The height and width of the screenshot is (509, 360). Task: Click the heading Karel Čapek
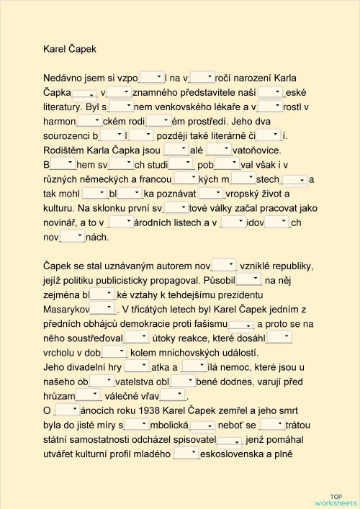tap(69, 49)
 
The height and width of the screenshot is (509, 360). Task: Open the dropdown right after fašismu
tap(240, 324)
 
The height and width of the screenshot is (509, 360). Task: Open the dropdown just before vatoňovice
tap(218, 150)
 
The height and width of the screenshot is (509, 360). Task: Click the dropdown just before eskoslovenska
tap(186, 453)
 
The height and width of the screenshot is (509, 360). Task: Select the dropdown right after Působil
tap(249, 279)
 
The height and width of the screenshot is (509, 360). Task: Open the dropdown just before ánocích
tap(66, 410)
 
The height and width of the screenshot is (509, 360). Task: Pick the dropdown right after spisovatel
tap(229, 439)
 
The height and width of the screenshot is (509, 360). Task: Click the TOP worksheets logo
tap(336, 500)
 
